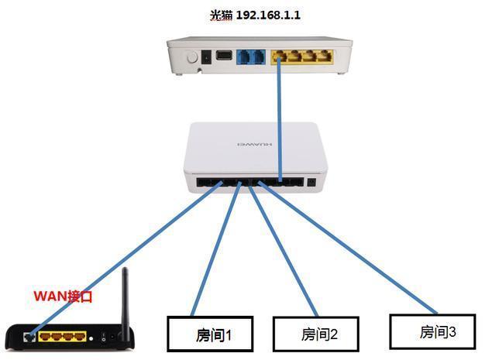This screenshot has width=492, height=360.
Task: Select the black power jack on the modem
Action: coord(207,57)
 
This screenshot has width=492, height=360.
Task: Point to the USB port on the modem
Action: coord(224,57)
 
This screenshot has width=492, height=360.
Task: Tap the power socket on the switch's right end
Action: coord(311,183)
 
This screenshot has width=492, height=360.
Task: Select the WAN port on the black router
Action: coord(29,336)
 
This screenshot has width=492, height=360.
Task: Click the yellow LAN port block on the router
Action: coord(62,337)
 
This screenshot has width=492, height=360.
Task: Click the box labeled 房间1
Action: coord(212,334)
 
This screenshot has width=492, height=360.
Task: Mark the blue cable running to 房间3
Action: coord(349,248)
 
